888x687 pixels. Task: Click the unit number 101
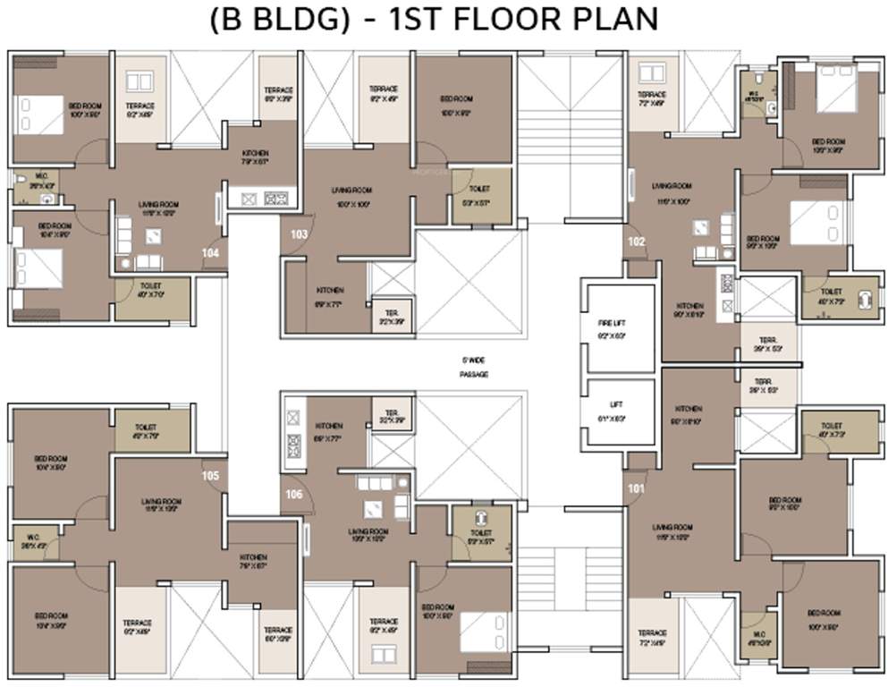click(636, 488)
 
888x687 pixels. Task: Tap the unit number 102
click(636, 242)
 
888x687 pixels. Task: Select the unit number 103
click(299, 234)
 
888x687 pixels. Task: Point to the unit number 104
click(211, 253)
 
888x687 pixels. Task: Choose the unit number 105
click(211, 475)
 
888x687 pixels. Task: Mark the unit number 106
click(293, 493)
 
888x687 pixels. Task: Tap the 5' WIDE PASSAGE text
click(474, 367)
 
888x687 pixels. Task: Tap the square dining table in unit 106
click(369, 511)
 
